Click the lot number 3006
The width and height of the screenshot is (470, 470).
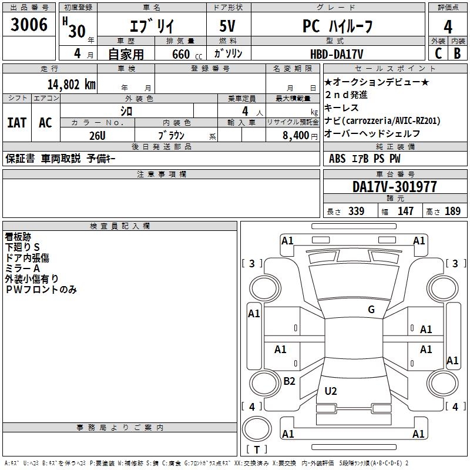pos(29,25)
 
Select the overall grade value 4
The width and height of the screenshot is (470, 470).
pos(448,26)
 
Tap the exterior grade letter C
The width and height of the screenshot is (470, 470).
pos(438,53)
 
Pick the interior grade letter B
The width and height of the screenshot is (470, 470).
pos(457,53)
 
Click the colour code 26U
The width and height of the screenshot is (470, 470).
pos(98,135)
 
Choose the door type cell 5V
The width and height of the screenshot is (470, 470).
pos(228,27)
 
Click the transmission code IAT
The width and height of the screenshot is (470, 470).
pos(16,122)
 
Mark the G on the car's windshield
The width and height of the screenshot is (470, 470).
pos(371,310)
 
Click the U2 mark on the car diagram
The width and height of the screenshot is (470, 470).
pos(331,391)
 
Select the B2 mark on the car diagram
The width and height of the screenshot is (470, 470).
pos(289,381)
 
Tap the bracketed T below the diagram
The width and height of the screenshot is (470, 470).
pos(257,449)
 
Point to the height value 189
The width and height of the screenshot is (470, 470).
pos(452,211)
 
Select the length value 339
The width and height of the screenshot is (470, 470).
pos(355,211)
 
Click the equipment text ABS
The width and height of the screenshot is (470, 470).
pos(337,159)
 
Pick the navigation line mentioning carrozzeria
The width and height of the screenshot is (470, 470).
pos(382,120)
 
